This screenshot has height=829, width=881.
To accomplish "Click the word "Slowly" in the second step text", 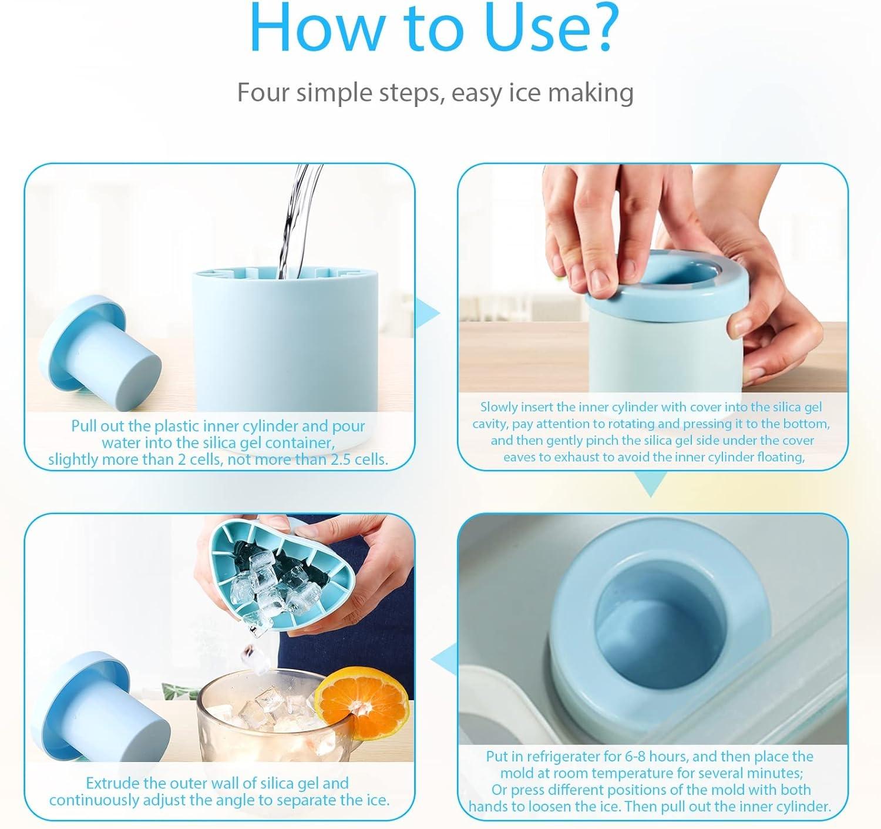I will pos(499,407).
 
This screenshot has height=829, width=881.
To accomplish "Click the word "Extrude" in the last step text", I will pos(113,783).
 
